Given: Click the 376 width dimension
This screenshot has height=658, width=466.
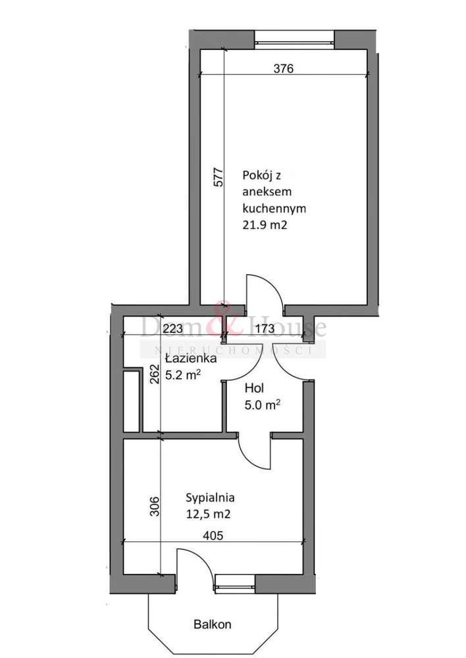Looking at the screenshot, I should tap(282, 67).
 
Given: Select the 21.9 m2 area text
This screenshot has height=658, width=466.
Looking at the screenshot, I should tap(267, 225).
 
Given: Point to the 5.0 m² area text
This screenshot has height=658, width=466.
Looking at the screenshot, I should tap(262, 405).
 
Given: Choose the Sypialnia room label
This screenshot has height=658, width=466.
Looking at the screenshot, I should tap(211, 498).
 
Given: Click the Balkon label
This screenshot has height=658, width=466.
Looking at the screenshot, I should tap(213, 624).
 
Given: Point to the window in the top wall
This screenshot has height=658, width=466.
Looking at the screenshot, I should tap(294, 38).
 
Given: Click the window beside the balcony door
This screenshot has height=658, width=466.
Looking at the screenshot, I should tap(235, 582).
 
